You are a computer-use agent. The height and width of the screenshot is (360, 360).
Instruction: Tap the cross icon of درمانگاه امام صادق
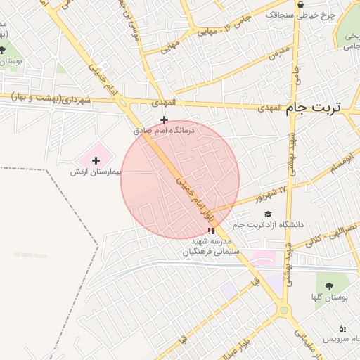point(165,120)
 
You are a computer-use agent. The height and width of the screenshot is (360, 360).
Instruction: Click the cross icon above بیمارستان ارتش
point(96,161)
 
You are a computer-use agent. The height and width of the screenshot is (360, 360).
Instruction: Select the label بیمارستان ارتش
point(96,172)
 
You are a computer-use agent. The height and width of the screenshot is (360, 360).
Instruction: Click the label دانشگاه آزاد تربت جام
point(301,225)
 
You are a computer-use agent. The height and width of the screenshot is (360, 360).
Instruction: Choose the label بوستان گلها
point(328,297)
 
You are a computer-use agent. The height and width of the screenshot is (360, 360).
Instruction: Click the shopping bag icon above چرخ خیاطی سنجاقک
point(300,4)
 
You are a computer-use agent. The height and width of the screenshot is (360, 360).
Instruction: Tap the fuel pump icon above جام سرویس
point(342,328)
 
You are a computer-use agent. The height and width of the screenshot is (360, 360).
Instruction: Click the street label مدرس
point(280,51)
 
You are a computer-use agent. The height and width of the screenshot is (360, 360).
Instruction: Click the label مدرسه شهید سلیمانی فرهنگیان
point(212,246)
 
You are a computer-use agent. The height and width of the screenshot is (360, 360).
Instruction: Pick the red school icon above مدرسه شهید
point(211,230)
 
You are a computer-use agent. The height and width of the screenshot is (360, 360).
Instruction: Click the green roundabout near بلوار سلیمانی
point(283,309)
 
